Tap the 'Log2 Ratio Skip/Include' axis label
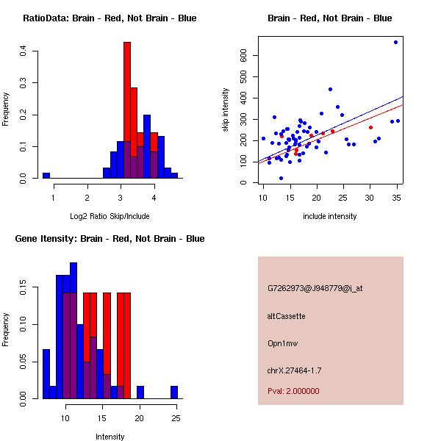point(110,216)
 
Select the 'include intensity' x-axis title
point(329,216)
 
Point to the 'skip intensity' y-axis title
point(226,110)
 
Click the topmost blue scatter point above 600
point(395,42)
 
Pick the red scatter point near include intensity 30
point(370,127)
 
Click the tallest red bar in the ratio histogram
point(127,110)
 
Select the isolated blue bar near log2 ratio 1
point(46,176)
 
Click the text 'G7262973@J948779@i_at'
point(315,288)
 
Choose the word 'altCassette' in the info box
point(286,316)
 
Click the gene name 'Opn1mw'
point(282,343)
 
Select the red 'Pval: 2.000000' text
point(293,391)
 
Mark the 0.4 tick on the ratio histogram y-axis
point(24,51)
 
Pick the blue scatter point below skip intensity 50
point(281,178)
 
